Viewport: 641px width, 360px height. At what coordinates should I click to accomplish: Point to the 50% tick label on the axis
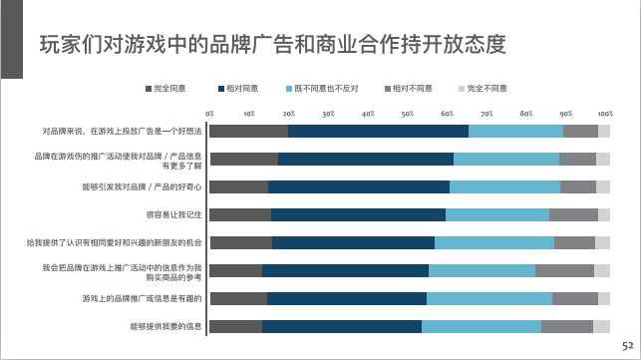click(408, 114)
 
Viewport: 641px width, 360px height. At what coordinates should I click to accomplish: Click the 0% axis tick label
click(209, 114)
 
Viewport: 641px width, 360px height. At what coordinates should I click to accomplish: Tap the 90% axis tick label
click(566, 114)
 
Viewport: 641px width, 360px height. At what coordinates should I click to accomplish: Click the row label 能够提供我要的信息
click(166, 326)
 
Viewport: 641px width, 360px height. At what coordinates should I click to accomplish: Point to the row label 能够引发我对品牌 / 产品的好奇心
click(143, 186)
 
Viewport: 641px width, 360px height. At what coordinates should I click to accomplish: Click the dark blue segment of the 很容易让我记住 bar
click(358, 214)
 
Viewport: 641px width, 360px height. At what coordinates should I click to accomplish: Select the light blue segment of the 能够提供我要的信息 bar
click(481, 326)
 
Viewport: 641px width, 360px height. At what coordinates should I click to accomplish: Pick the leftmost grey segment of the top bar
click(248, 131)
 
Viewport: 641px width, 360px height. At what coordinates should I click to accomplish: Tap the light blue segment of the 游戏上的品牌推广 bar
click(489, 298)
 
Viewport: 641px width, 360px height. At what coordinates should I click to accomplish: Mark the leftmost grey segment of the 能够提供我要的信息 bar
click(235, 326)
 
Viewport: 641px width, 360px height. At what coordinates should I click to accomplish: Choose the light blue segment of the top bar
click(515, 131)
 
